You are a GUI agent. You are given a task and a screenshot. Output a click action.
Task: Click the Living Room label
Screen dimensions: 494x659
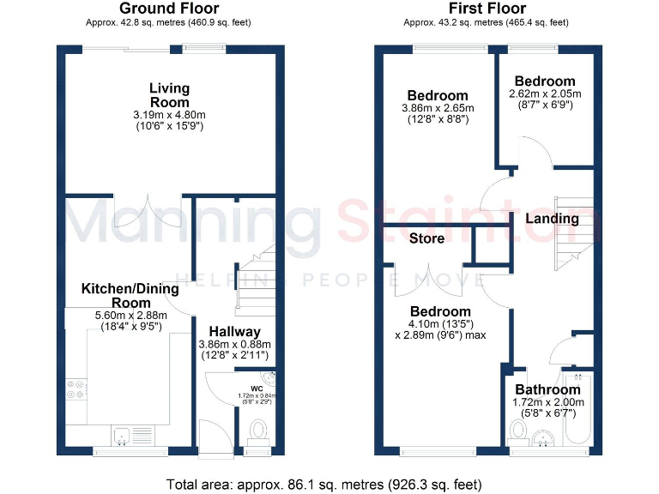169,94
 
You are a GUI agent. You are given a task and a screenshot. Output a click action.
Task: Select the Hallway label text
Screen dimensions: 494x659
235,332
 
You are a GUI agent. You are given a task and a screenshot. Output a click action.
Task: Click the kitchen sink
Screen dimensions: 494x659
124,435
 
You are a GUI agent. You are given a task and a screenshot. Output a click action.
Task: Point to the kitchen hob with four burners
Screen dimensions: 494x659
76,389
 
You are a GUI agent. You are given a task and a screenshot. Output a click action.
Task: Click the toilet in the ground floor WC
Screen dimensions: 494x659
257,430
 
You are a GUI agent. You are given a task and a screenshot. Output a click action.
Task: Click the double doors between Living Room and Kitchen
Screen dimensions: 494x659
162,208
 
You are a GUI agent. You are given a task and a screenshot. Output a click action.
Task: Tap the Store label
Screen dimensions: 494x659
426,238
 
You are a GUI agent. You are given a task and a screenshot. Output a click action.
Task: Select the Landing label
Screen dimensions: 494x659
552,219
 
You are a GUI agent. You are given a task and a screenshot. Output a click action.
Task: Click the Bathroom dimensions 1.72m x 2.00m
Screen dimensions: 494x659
547,401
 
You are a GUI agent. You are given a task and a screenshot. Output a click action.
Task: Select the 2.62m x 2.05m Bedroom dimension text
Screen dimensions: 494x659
545,93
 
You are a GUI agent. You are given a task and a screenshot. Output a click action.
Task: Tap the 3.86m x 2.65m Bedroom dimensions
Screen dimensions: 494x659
438,108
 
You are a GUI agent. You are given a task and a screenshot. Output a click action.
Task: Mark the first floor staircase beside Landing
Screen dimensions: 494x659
572,236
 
